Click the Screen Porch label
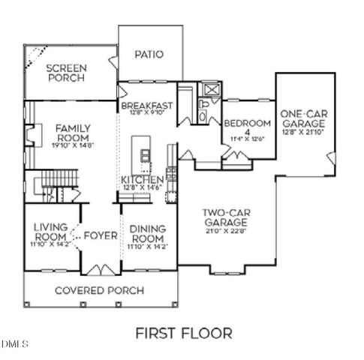pyautogui.click(x=68, y=72)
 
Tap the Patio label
pyautogui.click(x=149, y=54)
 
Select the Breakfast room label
pyautogui.click(x=148, y=106)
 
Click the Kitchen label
pyautogui.click(x=143, y=181)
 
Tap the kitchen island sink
pyautogui.click(x=145, y=154)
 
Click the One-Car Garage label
pyautogui.click(x=302, y=118)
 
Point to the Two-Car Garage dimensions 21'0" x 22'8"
pyautogui.click(x=226, y=232)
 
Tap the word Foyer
pyautogui.click(x=101, y=235)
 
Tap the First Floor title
pyautogui.click(x=183, y=332)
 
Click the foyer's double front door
pyautogui.click(x=101, y=268)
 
